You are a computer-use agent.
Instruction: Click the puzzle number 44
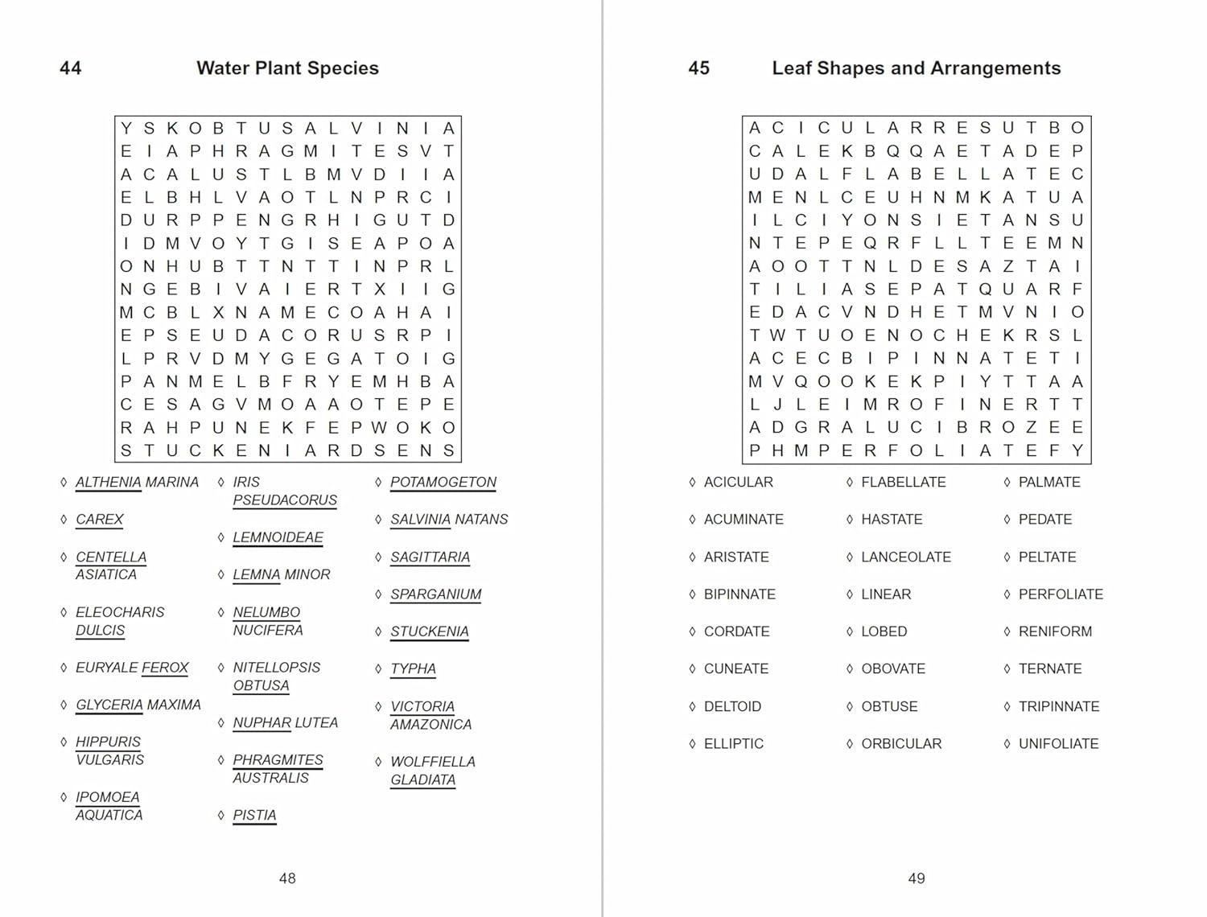70,68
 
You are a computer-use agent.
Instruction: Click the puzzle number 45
698,68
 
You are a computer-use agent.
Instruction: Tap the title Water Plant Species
287,68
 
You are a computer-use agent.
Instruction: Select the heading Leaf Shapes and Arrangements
916,68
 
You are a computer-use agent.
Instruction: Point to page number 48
287,878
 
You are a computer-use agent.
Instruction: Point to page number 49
916,878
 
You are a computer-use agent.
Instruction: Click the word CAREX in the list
100,520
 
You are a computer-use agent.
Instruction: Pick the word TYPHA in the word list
413,669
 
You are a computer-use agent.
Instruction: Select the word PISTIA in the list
254,816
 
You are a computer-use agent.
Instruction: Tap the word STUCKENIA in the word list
429,632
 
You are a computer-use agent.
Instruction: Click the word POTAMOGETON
443,483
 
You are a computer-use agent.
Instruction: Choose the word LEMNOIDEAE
278,537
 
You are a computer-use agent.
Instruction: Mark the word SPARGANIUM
435,594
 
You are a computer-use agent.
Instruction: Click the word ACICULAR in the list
738,483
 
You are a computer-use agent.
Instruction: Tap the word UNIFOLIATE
1058,744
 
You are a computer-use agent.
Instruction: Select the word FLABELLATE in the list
903,483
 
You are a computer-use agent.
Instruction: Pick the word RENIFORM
1055,632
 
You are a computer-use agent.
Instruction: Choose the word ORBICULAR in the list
901,744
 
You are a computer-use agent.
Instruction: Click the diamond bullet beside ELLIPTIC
692,744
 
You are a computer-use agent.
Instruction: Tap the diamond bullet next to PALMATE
1007,483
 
